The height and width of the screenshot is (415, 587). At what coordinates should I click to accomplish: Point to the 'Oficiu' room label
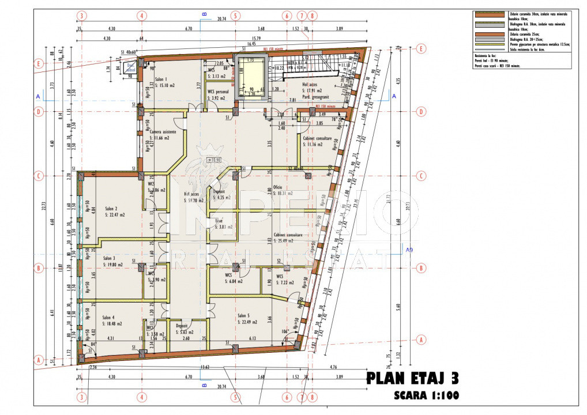(x=277, y=188)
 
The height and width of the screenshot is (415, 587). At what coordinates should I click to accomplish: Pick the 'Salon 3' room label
(x=109, y=258)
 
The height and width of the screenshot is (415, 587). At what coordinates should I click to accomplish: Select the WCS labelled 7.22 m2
(x=285, y=282)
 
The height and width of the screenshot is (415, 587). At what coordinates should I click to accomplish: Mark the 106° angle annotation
(x=284, y=332)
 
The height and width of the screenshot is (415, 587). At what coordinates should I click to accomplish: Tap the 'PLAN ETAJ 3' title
(x=413, y=379)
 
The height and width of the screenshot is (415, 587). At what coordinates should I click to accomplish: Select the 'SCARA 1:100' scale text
(x=426, y=396)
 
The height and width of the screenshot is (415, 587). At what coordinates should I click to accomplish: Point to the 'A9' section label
(x=409, y=250)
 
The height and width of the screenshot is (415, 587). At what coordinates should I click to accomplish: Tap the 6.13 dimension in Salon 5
(x=253, y=338)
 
